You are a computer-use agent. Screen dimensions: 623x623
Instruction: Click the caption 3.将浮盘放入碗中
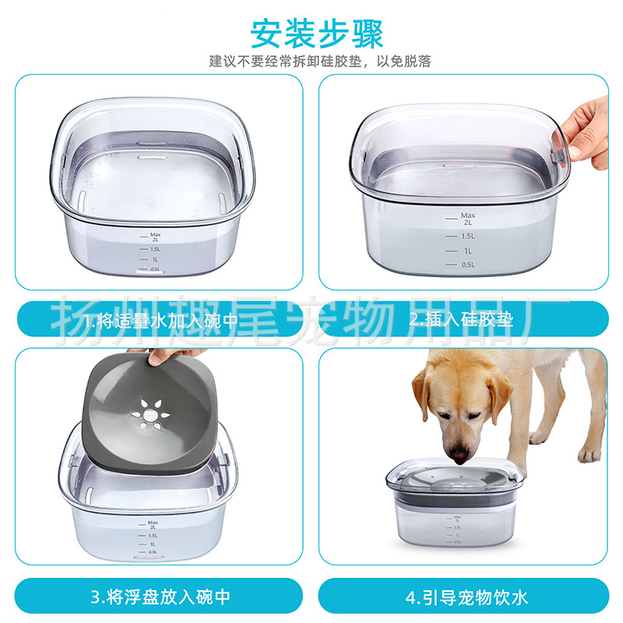tap(159, 597)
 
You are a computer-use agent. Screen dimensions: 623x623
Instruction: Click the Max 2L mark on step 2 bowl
tap(467, 219)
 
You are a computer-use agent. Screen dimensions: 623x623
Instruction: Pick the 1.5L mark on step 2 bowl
tap(467, 235)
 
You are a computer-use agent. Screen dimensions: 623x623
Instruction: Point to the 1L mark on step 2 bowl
tap(467, 250)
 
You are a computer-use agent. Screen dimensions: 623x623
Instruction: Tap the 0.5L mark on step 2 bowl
tap(467, 265)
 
